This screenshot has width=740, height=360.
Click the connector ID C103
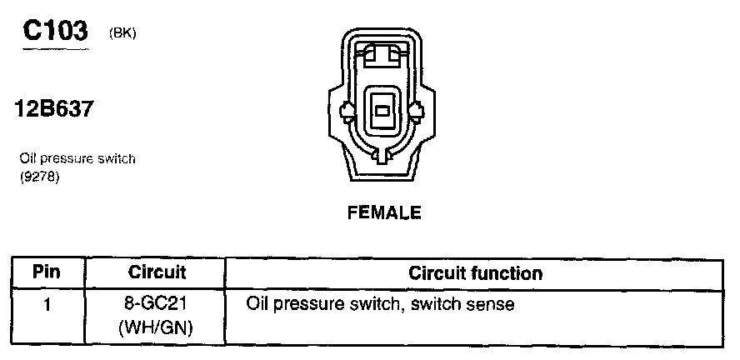tap(55, 31)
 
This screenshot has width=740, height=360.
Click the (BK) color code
tap(122, 33)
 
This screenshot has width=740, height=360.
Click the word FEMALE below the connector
tap(383, 212)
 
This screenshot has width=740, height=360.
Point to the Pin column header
tap(47, 272)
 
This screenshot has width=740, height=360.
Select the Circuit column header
tap(157, 272)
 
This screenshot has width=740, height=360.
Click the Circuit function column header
tap(475, 272)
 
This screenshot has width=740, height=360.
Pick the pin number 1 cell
tap(47, 305)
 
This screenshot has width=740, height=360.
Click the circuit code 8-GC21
tap(157, 304)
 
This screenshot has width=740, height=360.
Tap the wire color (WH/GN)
tap(157, 327)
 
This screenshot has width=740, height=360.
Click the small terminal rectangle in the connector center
tap(383, 111)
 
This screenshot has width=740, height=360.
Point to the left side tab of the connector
tap(347, 111)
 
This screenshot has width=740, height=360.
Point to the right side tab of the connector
tap(419, 111)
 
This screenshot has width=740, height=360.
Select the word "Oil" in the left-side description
tap(26, 158)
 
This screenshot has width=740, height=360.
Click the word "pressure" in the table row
tap(307, 306)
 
